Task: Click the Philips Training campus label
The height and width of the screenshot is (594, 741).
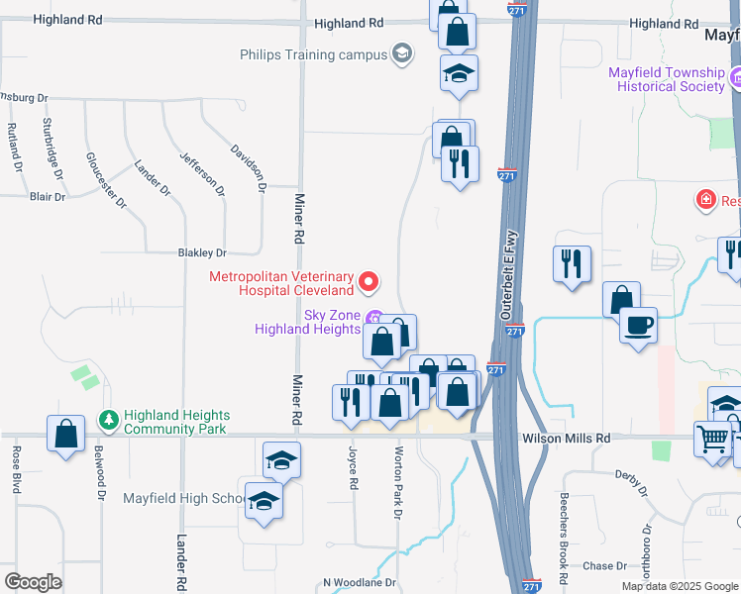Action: (312, 54)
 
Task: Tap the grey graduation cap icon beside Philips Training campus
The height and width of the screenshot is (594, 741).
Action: (402, 53)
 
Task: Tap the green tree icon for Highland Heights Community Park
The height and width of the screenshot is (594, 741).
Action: (108, 422)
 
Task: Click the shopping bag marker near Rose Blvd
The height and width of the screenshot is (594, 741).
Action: (65, 434)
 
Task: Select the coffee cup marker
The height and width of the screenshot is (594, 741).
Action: (638, 325)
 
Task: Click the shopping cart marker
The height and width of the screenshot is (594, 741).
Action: (713, 439)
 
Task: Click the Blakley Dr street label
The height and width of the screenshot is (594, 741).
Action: (202, 253)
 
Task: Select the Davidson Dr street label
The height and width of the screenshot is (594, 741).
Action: (249, 167)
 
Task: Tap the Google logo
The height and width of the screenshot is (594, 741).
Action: (33, 582)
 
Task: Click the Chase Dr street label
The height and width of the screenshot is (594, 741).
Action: (605, 566)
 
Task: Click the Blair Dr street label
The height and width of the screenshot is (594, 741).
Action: (47, 197)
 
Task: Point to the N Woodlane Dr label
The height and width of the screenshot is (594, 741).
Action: (359, 583)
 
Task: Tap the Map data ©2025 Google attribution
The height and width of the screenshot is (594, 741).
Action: (679, 586)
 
